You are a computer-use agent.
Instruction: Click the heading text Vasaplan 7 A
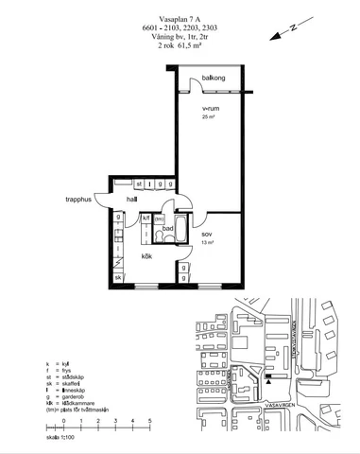point(180,15)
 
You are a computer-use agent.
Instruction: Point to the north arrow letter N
point(294,29)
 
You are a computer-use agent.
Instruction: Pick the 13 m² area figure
point(207,243)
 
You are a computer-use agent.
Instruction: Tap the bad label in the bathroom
point(167,228)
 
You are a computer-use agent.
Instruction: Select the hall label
point(132,200)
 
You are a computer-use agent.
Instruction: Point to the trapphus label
point(78,200)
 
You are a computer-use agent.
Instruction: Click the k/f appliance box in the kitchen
point(146,218)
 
